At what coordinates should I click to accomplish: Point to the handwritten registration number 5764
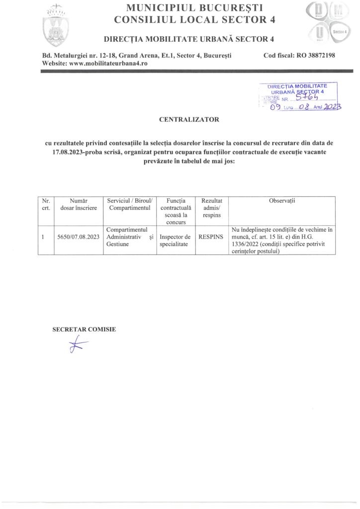pyautogui.click(x=307, y=98)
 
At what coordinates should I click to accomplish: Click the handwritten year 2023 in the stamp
pyautogui.click(x=331, y=107)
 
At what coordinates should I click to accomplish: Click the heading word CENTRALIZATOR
pyautogui.click(x=188, y=120)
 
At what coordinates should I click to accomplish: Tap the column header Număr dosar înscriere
pyautogui.click(x=79, y=204)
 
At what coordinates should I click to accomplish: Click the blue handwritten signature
pyautogui.click(x=78, y=345)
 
